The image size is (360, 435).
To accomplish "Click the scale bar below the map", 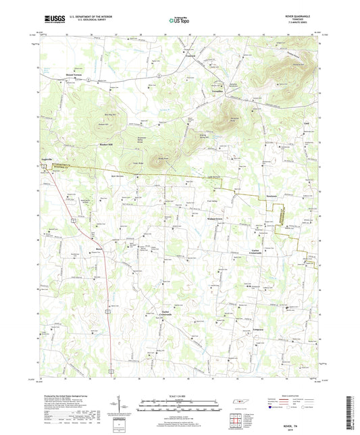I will [178, 403].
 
